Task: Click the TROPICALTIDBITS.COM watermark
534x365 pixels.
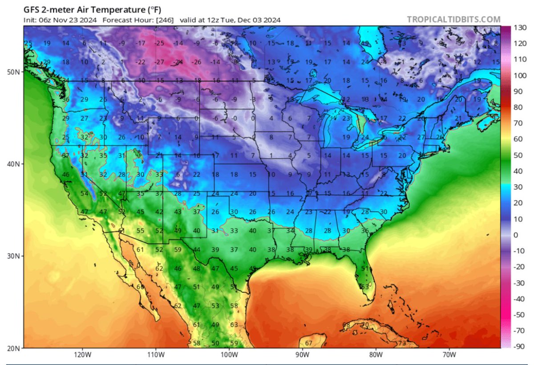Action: [x=453, y=20]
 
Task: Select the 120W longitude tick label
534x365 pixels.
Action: [x=82, y=355]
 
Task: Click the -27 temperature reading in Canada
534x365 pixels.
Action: [x=159, y=62]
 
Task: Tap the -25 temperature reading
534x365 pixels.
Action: [x=159, y=43]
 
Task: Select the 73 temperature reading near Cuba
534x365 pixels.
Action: [x=402, y=343]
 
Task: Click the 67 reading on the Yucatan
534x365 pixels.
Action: [x=308, y=343]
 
